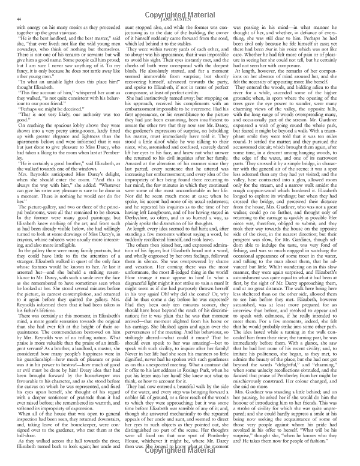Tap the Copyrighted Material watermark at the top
coord(180,12)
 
